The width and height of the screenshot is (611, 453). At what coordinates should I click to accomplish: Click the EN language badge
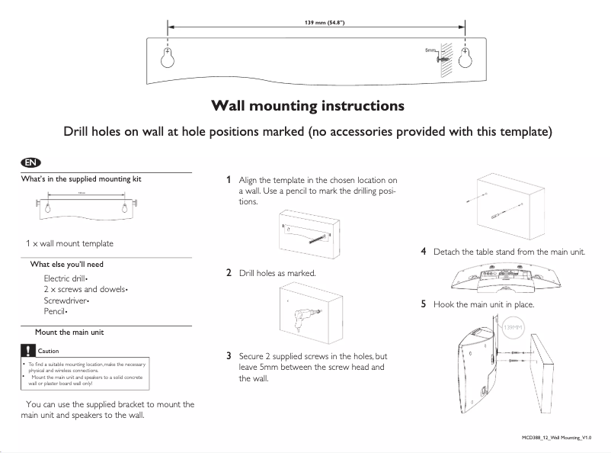(30, 162)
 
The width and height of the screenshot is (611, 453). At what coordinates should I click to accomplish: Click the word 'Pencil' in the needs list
(55, 312)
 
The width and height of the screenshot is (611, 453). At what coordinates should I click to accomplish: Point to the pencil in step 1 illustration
(309, 237)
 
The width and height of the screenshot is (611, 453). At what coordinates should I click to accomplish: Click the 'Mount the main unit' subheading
(69, 333)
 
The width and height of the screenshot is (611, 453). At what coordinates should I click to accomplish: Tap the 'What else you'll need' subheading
(66, 264)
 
